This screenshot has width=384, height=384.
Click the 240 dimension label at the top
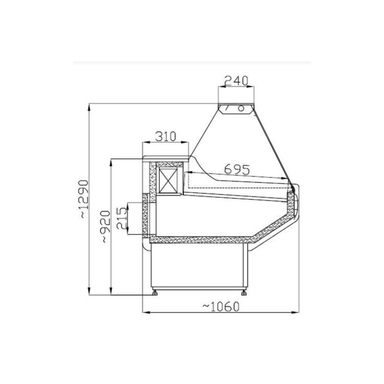point(237,80)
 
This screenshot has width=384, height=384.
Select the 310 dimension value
point(165,136)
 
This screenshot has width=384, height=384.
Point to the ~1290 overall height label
point(83,200)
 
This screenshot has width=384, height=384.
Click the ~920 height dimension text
point(104,226)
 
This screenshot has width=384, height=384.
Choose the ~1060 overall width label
point(221,306)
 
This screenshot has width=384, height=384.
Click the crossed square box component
point(168,180)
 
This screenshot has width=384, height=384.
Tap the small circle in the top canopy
point(241,108)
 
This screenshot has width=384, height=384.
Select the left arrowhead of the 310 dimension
point(144,142)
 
